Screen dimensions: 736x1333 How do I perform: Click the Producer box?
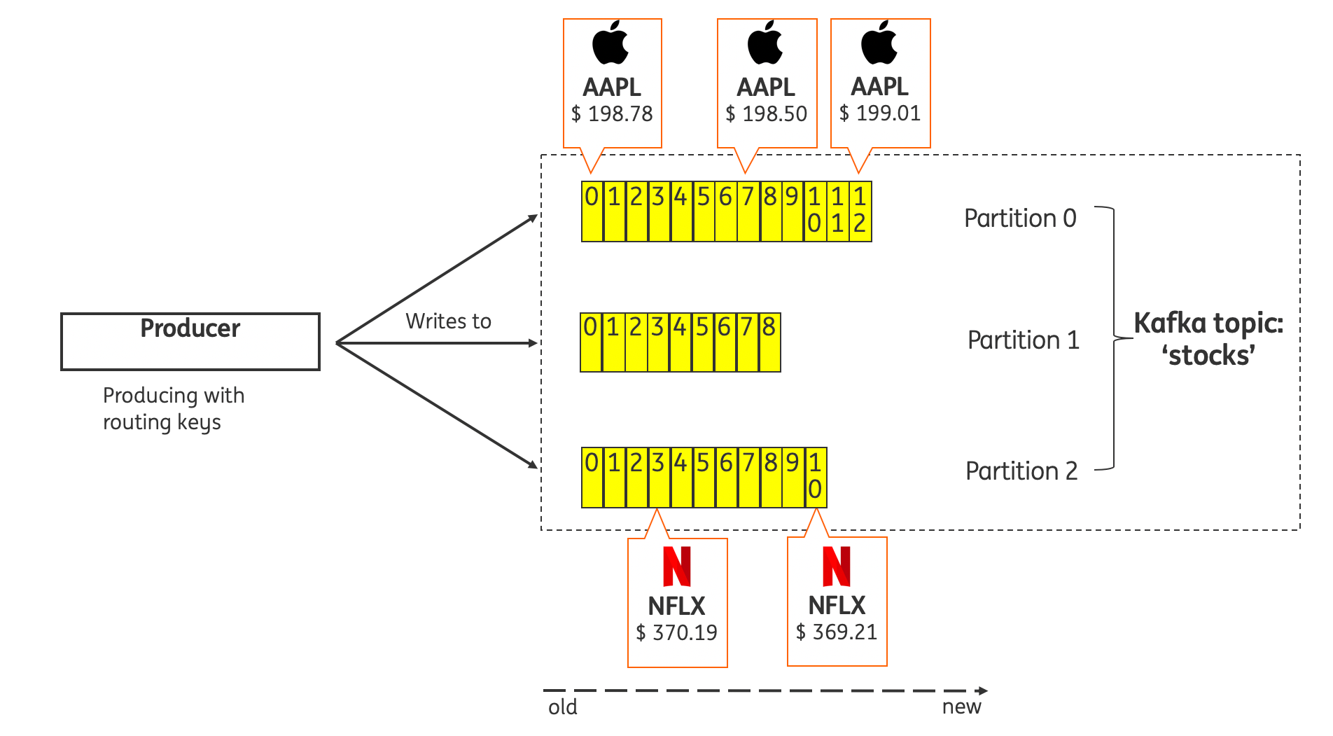click(x=190, y=342)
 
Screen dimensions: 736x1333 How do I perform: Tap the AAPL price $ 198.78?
click(x=612, y=113)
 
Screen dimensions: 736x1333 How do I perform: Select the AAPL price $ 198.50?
click(x=767, y=113)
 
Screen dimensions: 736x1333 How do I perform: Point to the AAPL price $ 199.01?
click(x=880, y=113)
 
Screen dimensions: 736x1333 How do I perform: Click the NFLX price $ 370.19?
click(x=676, y=632)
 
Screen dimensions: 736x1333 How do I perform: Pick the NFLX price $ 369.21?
click(x=837, y=632)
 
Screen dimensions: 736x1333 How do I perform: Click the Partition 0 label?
click(x=1020, y=218)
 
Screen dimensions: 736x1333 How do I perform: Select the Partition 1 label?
click(x=1023, y=340)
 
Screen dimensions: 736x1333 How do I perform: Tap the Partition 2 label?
click(x=1021, y=471)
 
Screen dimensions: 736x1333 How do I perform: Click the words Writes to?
click(x=448, y=321)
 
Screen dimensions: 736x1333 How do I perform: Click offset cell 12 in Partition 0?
click(x=860, y=211)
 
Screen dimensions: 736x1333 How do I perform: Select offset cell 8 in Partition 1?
click(x=769, y=342)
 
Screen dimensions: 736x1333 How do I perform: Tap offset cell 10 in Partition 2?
click(x=816, y=478)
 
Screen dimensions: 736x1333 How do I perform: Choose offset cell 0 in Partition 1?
click(x=591, y=342)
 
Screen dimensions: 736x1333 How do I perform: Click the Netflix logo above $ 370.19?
click(x=677, y=567)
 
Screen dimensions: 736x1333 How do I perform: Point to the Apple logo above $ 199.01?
click(x=879, y=43)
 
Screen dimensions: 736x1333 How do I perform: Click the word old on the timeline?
click(x=562, y=707)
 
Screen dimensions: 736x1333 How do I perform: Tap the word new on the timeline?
click(x=961, y=707)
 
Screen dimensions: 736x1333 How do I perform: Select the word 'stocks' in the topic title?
click(x=1208, y=356)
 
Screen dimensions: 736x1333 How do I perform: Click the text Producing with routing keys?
click(x=173, y=409)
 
